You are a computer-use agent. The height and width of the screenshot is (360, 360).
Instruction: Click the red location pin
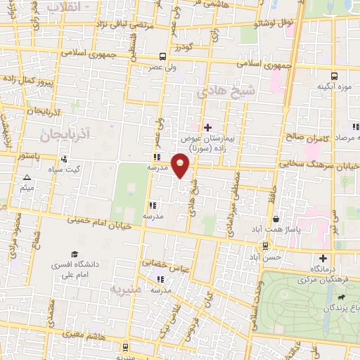[x=181, y=165]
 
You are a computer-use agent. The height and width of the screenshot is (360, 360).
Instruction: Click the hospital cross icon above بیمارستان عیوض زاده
[x=207, y=127]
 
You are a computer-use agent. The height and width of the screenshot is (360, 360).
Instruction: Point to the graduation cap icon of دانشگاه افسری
[x=74, y=255]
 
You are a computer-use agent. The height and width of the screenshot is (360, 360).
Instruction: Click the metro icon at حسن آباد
[x=264, y=246]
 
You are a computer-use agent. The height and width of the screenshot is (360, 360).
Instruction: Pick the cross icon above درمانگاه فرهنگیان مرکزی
[x=323, y=258]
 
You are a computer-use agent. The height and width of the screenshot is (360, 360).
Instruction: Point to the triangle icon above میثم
[x=27, y=178]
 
